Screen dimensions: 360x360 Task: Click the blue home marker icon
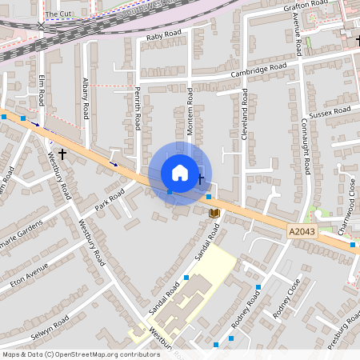click(180, 173)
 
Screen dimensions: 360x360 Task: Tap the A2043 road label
click(301, 231)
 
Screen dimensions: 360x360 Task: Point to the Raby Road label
click(165, 35)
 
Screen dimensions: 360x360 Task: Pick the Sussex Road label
click(330, 113)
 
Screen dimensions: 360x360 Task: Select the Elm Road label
click(42, 90)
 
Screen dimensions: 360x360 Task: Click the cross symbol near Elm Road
click(62, 151)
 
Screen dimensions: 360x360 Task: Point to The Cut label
click(58, 14)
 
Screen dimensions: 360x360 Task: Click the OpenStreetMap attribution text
click(81, 354)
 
